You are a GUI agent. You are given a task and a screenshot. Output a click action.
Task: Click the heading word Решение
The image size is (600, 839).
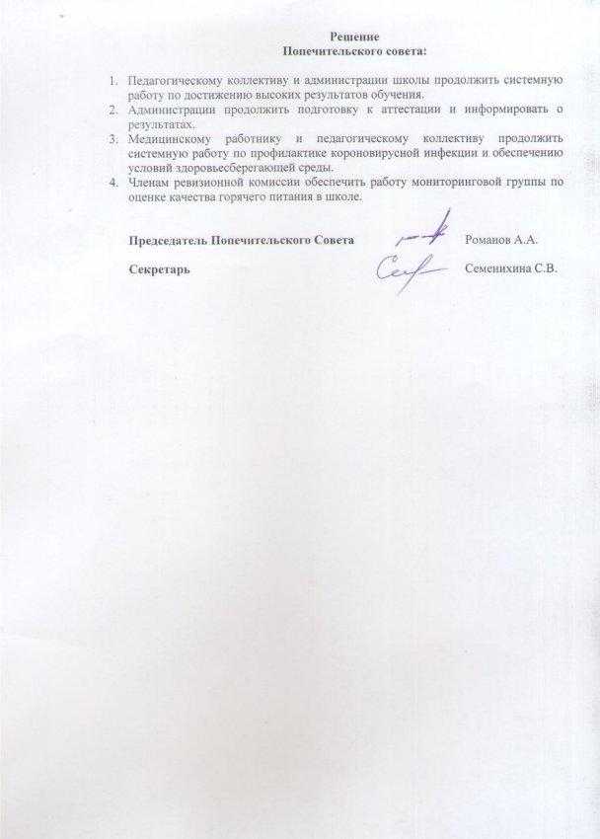pyautogui.click(x=345, y=36)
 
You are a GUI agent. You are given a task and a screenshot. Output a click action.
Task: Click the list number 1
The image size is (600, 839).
pyautogui.click(x=113, y=80)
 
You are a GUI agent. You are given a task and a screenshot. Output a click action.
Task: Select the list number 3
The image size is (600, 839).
pyautogui.click(x=113, y=138)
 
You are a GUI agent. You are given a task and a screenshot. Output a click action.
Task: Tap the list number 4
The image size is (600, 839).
pyautogui.click(x=113, y=183)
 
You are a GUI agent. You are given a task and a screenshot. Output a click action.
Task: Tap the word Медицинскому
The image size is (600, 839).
pyautogui.click(x=170, y=138)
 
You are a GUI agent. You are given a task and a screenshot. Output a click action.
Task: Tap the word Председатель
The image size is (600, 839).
pyautogui.click(x=169, y=240)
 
